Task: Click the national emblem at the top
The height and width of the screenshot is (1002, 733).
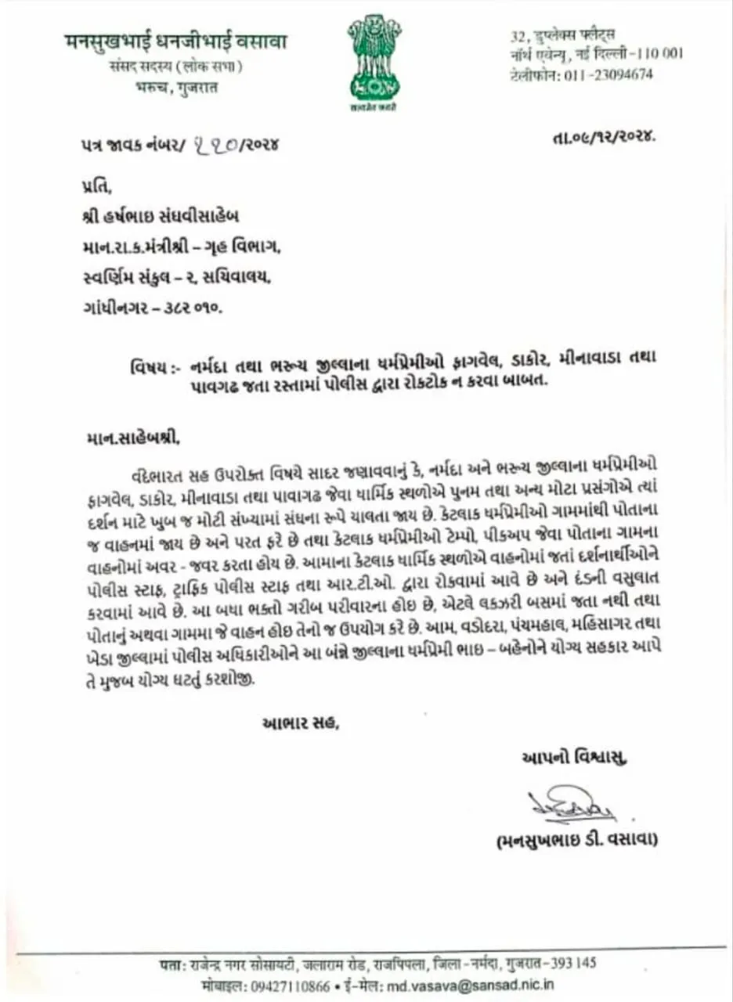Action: [x=374, y=59]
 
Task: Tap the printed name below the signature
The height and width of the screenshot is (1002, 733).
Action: [x=577, y=840]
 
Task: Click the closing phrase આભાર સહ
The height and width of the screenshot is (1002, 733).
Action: [x=300, y=723]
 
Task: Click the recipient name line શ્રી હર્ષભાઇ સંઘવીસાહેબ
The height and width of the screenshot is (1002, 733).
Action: [x=161, y=217]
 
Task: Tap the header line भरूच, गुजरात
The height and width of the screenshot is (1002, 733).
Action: [x=176, y=87]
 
